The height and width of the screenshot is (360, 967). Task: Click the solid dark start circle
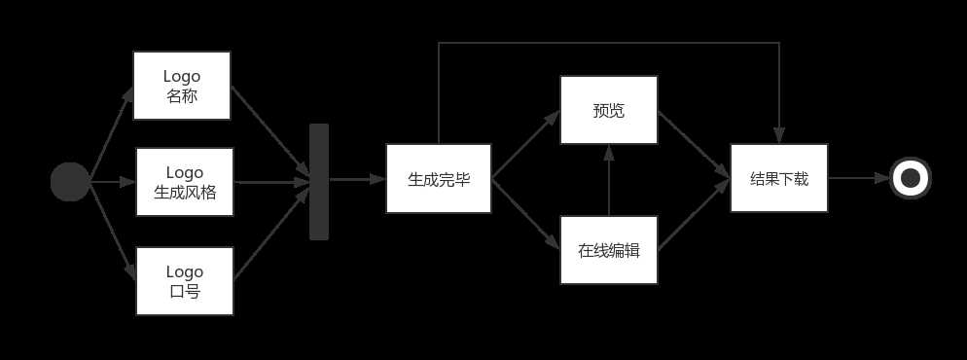70,182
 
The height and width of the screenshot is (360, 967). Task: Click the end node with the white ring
911,178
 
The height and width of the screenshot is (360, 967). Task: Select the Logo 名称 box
182,86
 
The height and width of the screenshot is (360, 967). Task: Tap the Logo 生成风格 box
185,182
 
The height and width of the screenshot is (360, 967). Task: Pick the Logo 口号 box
185,281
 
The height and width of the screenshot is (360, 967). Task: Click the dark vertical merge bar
319,182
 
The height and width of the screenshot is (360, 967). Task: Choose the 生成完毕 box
439,179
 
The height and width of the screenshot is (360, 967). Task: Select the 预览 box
609,111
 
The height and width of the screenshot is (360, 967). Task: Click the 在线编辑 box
609,250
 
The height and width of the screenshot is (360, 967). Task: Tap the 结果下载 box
779,179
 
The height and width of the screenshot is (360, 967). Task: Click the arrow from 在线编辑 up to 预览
609,181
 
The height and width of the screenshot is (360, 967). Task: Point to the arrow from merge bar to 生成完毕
357,179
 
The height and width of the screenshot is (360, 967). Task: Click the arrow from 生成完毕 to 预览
526,145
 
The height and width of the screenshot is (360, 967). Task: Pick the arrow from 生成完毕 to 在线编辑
526,212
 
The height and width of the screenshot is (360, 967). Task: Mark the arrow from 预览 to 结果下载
694,144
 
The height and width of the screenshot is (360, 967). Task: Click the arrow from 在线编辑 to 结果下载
694,216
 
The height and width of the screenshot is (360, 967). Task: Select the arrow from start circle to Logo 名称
111,134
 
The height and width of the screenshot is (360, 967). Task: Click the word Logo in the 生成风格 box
185,172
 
